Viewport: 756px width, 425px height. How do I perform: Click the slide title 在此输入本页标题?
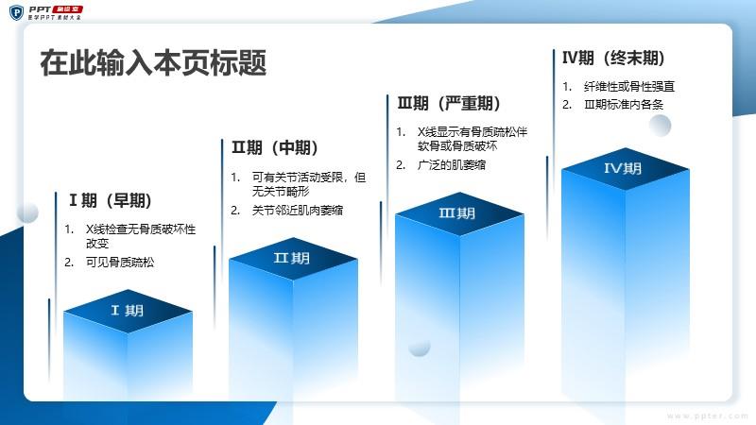tap(153, 62)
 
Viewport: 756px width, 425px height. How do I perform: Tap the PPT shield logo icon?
tap(16, 12)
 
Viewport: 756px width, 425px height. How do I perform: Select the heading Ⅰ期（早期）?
tap(111, 200)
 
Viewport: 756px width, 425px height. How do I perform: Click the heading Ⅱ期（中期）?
tap(275, 147)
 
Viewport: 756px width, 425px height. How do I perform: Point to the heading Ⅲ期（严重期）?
tap(449, 103)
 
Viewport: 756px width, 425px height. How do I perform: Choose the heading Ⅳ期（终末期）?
tap(613, 58)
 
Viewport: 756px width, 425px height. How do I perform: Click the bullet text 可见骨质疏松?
tap(120, 263)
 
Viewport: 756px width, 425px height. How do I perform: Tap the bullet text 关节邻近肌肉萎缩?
tap(298, 210)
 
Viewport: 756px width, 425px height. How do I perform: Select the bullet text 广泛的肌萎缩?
tap(452, 164)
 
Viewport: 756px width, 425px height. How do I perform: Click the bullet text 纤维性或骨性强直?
tap(629, 86)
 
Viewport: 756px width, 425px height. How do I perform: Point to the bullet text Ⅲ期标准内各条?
tap(624, 105)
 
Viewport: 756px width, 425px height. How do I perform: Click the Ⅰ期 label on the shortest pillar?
tap(128, 311)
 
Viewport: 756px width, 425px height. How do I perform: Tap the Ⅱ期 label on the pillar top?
tap(292, 258)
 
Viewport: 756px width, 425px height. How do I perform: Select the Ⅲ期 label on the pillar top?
tap(457, 213)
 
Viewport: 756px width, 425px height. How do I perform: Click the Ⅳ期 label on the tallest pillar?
tap(623, 168)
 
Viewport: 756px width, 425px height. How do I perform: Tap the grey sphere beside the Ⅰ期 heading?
tap(27, 212)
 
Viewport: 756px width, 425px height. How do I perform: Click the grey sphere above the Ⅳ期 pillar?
tap(660, 126)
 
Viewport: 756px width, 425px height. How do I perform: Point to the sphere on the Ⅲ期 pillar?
tap(419, 346)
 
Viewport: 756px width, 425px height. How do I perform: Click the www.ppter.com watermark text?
tap(708, 416)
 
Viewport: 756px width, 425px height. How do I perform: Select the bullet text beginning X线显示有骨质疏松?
tap(472, 139)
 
